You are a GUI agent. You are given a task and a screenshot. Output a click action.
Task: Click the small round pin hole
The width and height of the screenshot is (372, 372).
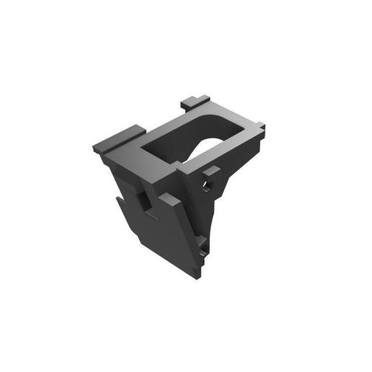(207, 186)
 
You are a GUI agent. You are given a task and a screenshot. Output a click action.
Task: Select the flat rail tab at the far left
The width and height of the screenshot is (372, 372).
(119, 139)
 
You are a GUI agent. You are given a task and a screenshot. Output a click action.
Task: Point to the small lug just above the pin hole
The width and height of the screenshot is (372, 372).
(211, 172)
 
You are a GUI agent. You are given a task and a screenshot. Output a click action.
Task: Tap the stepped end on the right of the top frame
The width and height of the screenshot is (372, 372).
(257, 132)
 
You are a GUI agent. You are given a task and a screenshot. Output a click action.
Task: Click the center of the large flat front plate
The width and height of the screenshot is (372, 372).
(173, 234)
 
